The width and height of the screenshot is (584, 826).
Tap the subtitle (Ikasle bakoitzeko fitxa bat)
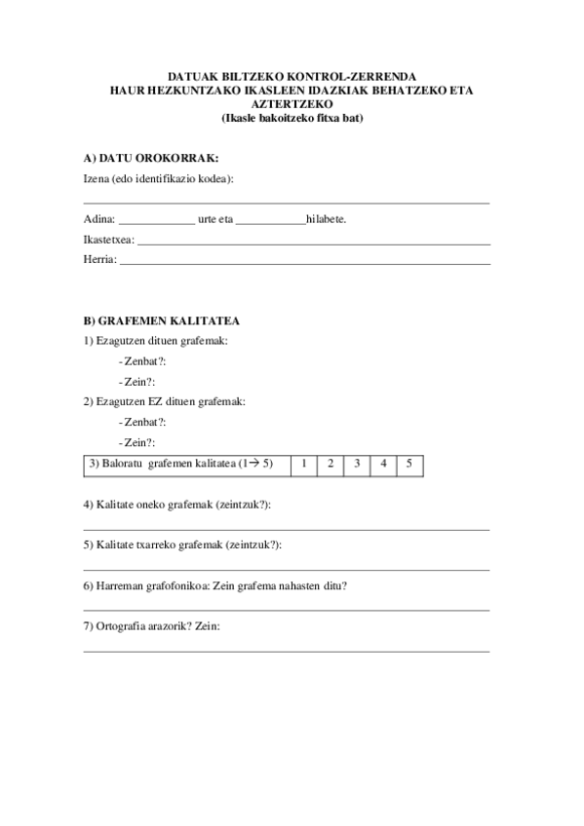click(x=286, y=119)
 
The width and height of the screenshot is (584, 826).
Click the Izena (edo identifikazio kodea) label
click(x=159, y=179)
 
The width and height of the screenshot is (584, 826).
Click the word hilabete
click(x=325, y=219)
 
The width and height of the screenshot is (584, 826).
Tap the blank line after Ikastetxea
click(x=312, y=243)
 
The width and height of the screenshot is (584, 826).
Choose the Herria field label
click(x=100, y=260)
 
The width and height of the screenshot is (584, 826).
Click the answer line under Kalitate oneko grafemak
click(x=286, y=528)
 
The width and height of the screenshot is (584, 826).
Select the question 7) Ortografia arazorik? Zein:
click(x=152, y=626)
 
